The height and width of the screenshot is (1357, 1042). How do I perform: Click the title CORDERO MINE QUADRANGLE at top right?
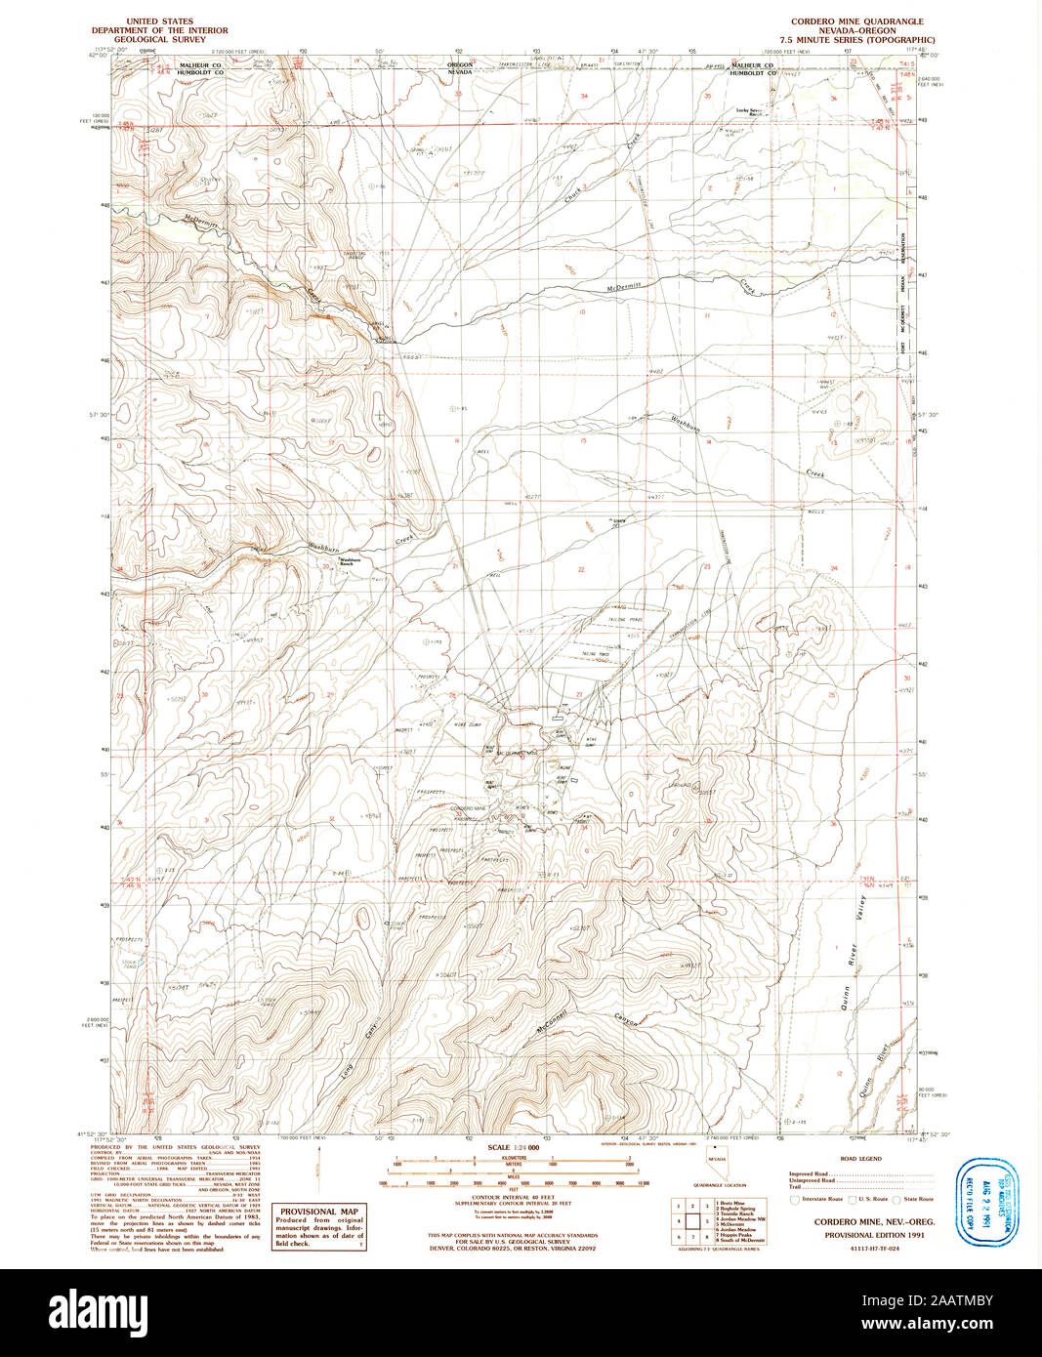[856, 21]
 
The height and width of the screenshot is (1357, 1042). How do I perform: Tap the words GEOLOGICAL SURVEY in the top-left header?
[171, 40]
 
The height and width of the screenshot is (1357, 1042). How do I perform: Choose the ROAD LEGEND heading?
[860, 1159]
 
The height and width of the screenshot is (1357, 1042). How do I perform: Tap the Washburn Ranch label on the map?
[350, 562]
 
